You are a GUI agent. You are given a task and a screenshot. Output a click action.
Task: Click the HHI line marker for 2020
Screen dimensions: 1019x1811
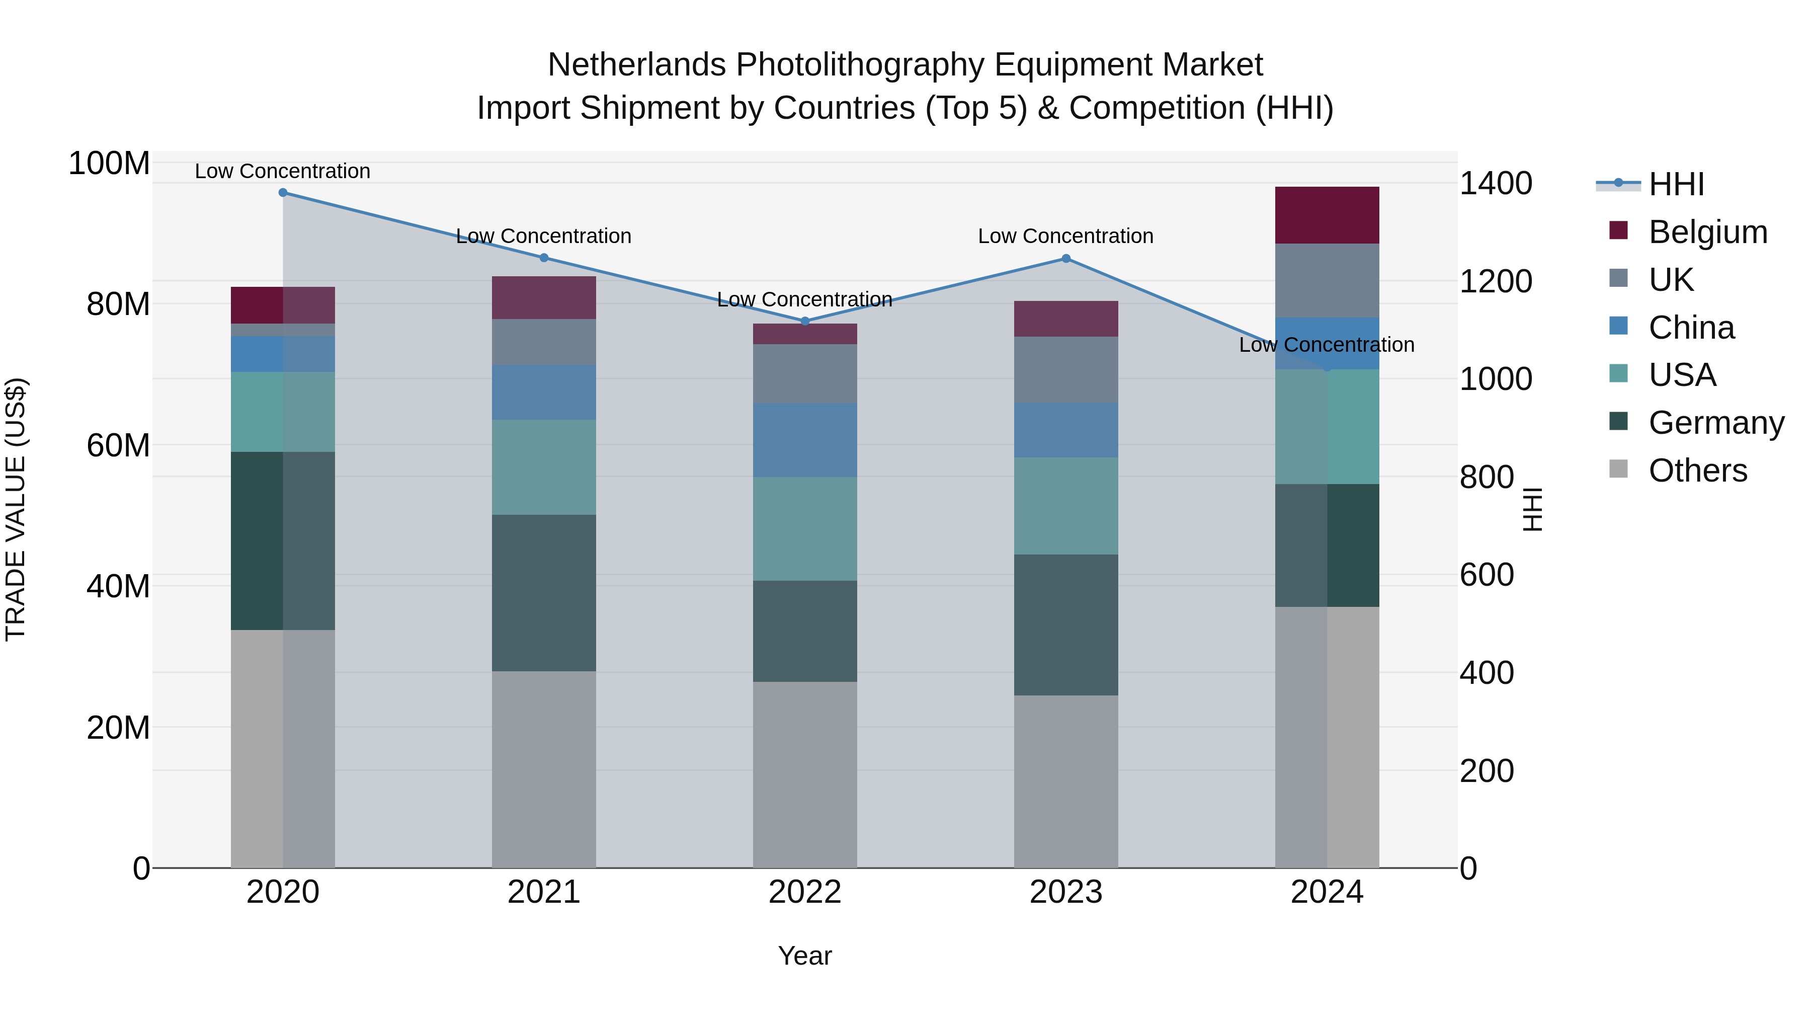point(283,192)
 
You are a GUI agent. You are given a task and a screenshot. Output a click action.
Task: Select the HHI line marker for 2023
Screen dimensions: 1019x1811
point(1066,258)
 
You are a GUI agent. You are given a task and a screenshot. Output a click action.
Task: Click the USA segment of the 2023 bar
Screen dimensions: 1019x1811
point(1066,506)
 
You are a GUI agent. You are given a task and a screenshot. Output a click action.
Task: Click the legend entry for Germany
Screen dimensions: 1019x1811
point(1715,423)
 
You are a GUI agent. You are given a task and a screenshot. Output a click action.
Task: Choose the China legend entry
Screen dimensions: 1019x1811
point(1691,328)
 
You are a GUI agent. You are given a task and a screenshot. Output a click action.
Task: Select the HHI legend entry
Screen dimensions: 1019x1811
point(1675,184)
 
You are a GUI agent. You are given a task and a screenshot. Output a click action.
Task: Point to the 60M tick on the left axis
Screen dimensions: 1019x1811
point(118,445)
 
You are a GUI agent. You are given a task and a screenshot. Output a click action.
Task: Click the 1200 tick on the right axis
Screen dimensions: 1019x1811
point(1496,281)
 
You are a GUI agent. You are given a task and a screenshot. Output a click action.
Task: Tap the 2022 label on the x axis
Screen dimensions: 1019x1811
point(805,892)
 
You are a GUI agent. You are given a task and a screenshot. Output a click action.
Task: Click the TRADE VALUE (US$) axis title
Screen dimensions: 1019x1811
point(16,509)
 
